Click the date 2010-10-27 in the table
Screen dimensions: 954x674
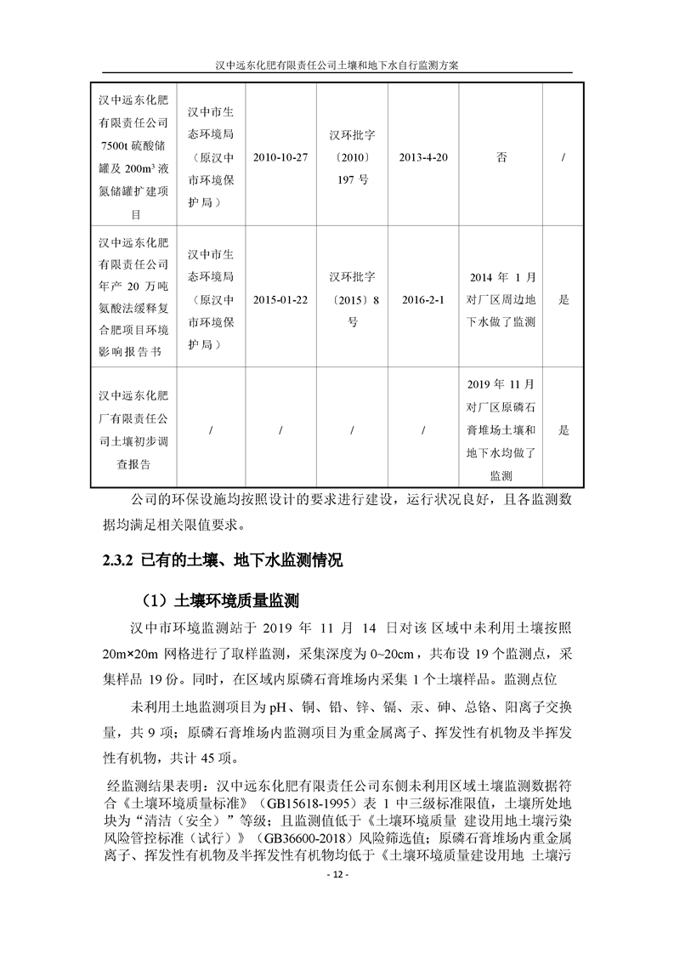[x=280, y=158]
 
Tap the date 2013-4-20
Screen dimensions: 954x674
[x=423, y=158]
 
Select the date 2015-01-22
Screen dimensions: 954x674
[x=280, y=300]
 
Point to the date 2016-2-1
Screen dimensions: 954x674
[x=423, y=300]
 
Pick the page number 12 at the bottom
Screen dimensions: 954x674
[x=337, y=875]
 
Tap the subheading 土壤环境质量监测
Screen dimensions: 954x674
[x=235, y=600]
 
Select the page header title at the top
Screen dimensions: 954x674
[x=337, y=65]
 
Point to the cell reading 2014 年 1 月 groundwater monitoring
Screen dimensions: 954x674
[x=501, y=300]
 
